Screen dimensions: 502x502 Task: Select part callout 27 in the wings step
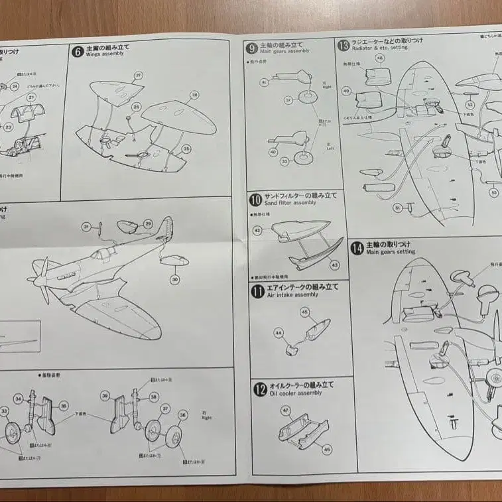pos(138,76)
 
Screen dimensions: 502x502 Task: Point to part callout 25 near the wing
pos(186,149)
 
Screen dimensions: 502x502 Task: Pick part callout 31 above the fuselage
pos(86,227)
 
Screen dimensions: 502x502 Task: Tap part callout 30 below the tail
pos(174,279)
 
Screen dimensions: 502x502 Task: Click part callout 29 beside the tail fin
pos(148,223)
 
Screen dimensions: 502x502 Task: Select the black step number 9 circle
pos(251,47)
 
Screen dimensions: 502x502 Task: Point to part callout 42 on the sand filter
pos(258,229)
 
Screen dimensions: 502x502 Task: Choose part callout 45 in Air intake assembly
pos(304,312)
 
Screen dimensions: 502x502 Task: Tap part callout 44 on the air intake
pos(278,333)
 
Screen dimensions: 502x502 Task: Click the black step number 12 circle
pos(259,389)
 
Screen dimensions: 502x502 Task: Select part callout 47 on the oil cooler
pos(286,411)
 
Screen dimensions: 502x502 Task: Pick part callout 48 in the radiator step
pos(379,58)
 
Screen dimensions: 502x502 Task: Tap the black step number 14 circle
pos(357,247)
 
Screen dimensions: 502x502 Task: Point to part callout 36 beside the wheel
pos(183,414)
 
